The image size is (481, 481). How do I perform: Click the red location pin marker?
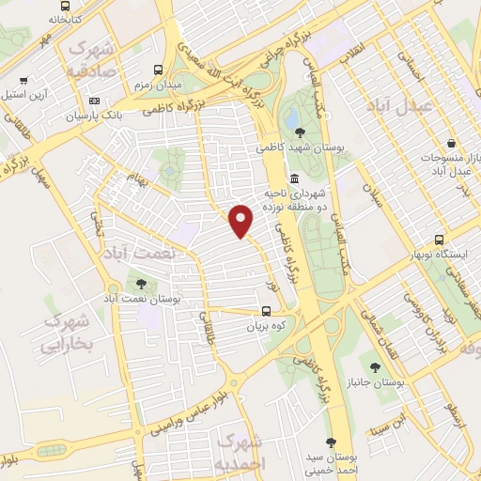click(242, 221)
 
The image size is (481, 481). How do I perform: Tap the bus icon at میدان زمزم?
click(158, 70)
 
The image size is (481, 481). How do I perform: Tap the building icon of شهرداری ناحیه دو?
click(295, 179)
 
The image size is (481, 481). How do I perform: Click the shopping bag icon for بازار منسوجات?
click(453, 144)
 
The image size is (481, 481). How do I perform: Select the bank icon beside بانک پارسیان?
click(93, 101)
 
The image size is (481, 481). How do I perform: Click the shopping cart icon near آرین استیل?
click(23, 81)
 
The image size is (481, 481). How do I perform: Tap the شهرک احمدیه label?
click(240, 451)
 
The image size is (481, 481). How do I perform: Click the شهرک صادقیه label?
click(91, 58)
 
